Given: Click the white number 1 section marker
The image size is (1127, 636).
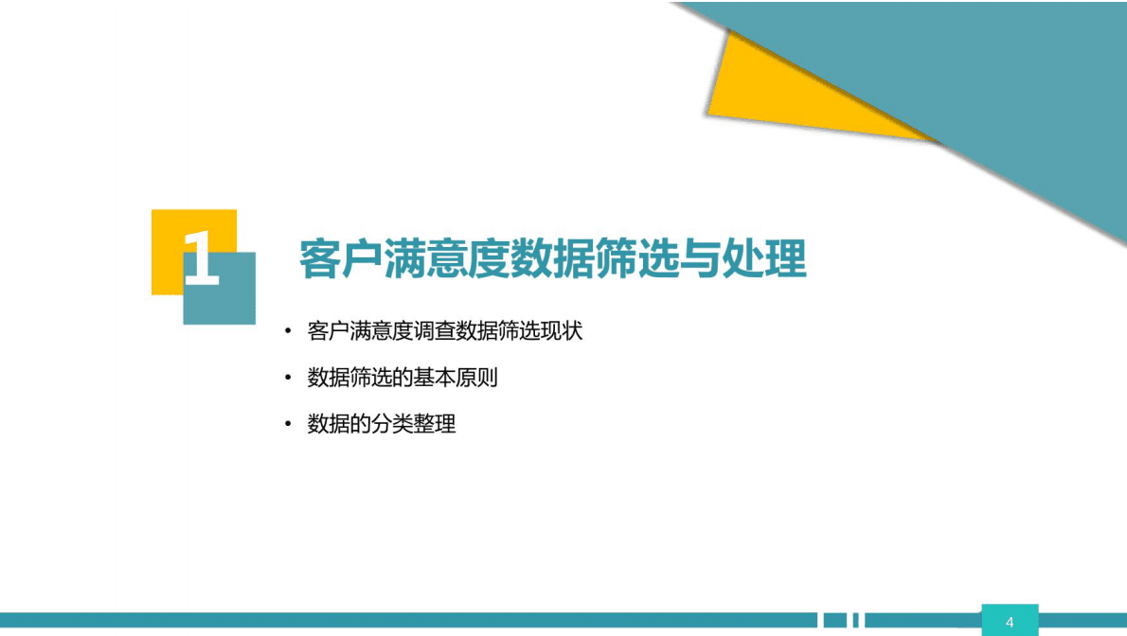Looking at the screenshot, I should [202, 257].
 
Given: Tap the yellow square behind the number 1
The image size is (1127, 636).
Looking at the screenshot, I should [168, 232].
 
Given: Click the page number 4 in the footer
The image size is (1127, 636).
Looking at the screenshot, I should [1010, 622].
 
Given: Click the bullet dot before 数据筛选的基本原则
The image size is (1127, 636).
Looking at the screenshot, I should [288, 378].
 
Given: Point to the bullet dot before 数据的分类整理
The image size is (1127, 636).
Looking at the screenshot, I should [288, 424].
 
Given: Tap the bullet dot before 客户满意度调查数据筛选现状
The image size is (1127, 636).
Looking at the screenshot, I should [288, 331].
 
